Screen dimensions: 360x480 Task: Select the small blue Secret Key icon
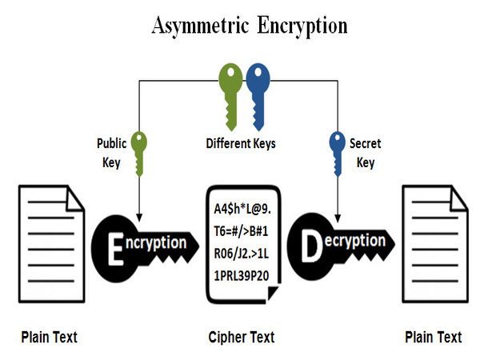pos(336,152)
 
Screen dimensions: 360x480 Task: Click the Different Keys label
pos(240,145)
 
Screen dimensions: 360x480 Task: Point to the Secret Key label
pos(365,152)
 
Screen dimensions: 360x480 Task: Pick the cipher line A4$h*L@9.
pos(243,210)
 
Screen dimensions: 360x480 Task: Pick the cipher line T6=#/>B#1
pos(242,232)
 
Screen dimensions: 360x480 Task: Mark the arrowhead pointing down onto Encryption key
pos(141,214)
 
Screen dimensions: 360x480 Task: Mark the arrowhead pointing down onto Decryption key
pos(337,214)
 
